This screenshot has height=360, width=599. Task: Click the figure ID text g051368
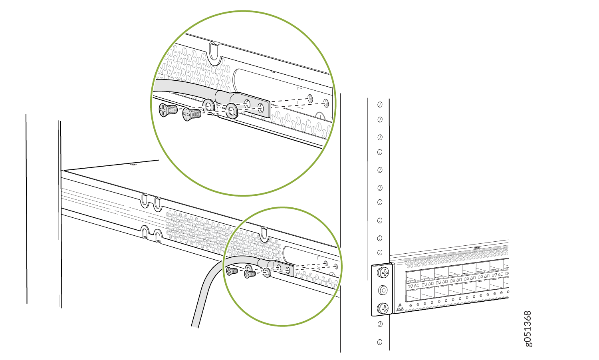click(528, 329)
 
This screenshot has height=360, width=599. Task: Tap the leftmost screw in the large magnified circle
click(168, 110)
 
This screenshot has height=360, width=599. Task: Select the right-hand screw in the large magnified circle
click(191, 114)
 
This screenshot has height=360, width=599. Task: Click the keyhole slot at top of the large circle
click(215, 54)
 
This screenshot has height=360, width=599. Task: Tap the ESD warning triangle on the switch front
click(400, 307)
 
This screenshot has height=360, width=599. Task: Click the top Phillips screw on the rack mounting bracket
click(383, 272)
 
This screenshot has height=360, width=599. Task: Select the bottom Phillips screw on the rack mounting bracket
click(383, 308)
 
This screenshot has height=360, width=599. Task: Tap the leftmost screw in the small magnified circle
click(232, 271)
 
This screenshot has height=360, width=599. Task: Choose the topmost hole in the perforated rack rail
click(380, 104)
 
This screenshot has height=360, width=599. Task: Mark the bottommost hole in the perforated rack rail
click(379, 342)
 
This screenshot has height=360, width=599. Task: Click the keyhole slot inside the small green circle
click(264, 235)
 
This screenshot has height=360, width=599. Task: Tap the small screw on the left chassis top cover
click(133, 164)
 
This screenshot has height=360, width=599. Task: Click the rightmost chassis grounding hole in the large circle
click(326, 103)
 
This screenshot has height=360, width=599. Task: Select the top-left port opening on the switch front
click(413, 277)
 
